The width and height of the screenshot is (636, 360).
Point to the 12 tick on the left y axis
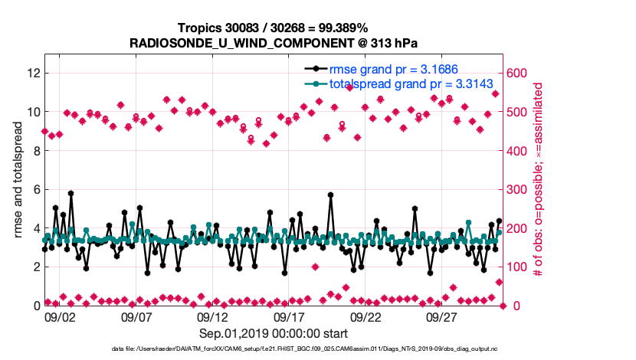pos(33,73)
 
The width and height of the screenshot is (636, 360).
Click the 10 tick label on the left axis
pos(33,112)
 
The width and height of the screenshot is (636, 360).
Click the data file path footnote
pos(274,349)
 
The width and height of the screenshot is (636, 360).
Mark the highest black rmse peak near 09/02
pos(70,194)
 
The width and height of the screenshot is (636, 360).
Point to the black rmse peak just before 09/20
pos(330,195)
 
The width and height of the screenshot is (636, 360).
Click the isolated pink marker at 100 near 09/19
pos(315,267)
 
